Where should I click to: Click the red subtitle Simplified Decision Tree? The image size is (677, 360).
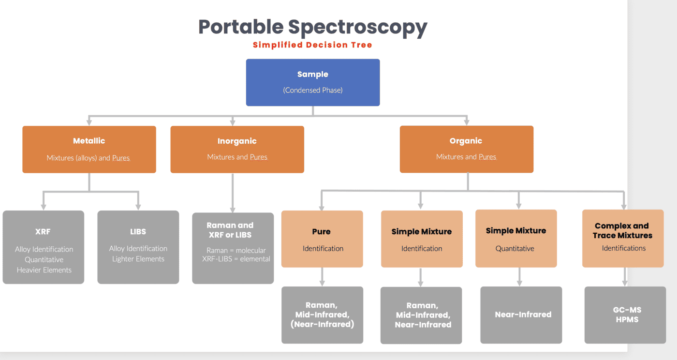point(312,45)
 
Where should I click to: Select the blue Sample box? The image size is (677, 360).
point(312,82)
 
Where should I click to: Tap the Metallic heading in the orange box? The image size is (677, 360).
point(89,141)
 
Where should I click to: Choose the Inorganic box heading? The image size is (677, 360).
point(237,141)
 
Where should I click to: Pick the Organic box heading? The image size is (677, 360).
point(466,141)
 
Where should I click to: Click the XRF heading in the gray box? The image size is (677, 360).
point(43,232)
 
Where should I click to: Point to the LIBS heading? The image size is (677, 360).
point(138,232)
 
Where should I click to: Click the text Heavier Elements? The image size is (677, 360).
point(44,270)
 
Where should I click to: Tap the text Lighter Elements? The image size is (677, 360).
point(138,259)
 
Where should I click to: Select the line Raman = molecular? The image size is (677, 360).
point(236,250)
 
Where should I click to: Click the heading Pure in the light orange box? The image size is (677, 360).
point(322,232)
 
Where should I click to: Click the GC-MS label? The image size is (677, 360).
point(627,310)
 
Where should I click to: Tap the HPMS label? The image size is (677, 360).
point(627,319)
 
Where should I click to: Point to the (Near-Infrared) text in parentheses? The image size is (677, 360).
point(323,324)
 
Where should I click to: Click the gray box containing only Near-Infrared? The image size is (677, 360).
point(521,315)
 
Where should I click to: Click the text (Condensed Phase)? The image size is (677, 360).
point(312,90)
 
